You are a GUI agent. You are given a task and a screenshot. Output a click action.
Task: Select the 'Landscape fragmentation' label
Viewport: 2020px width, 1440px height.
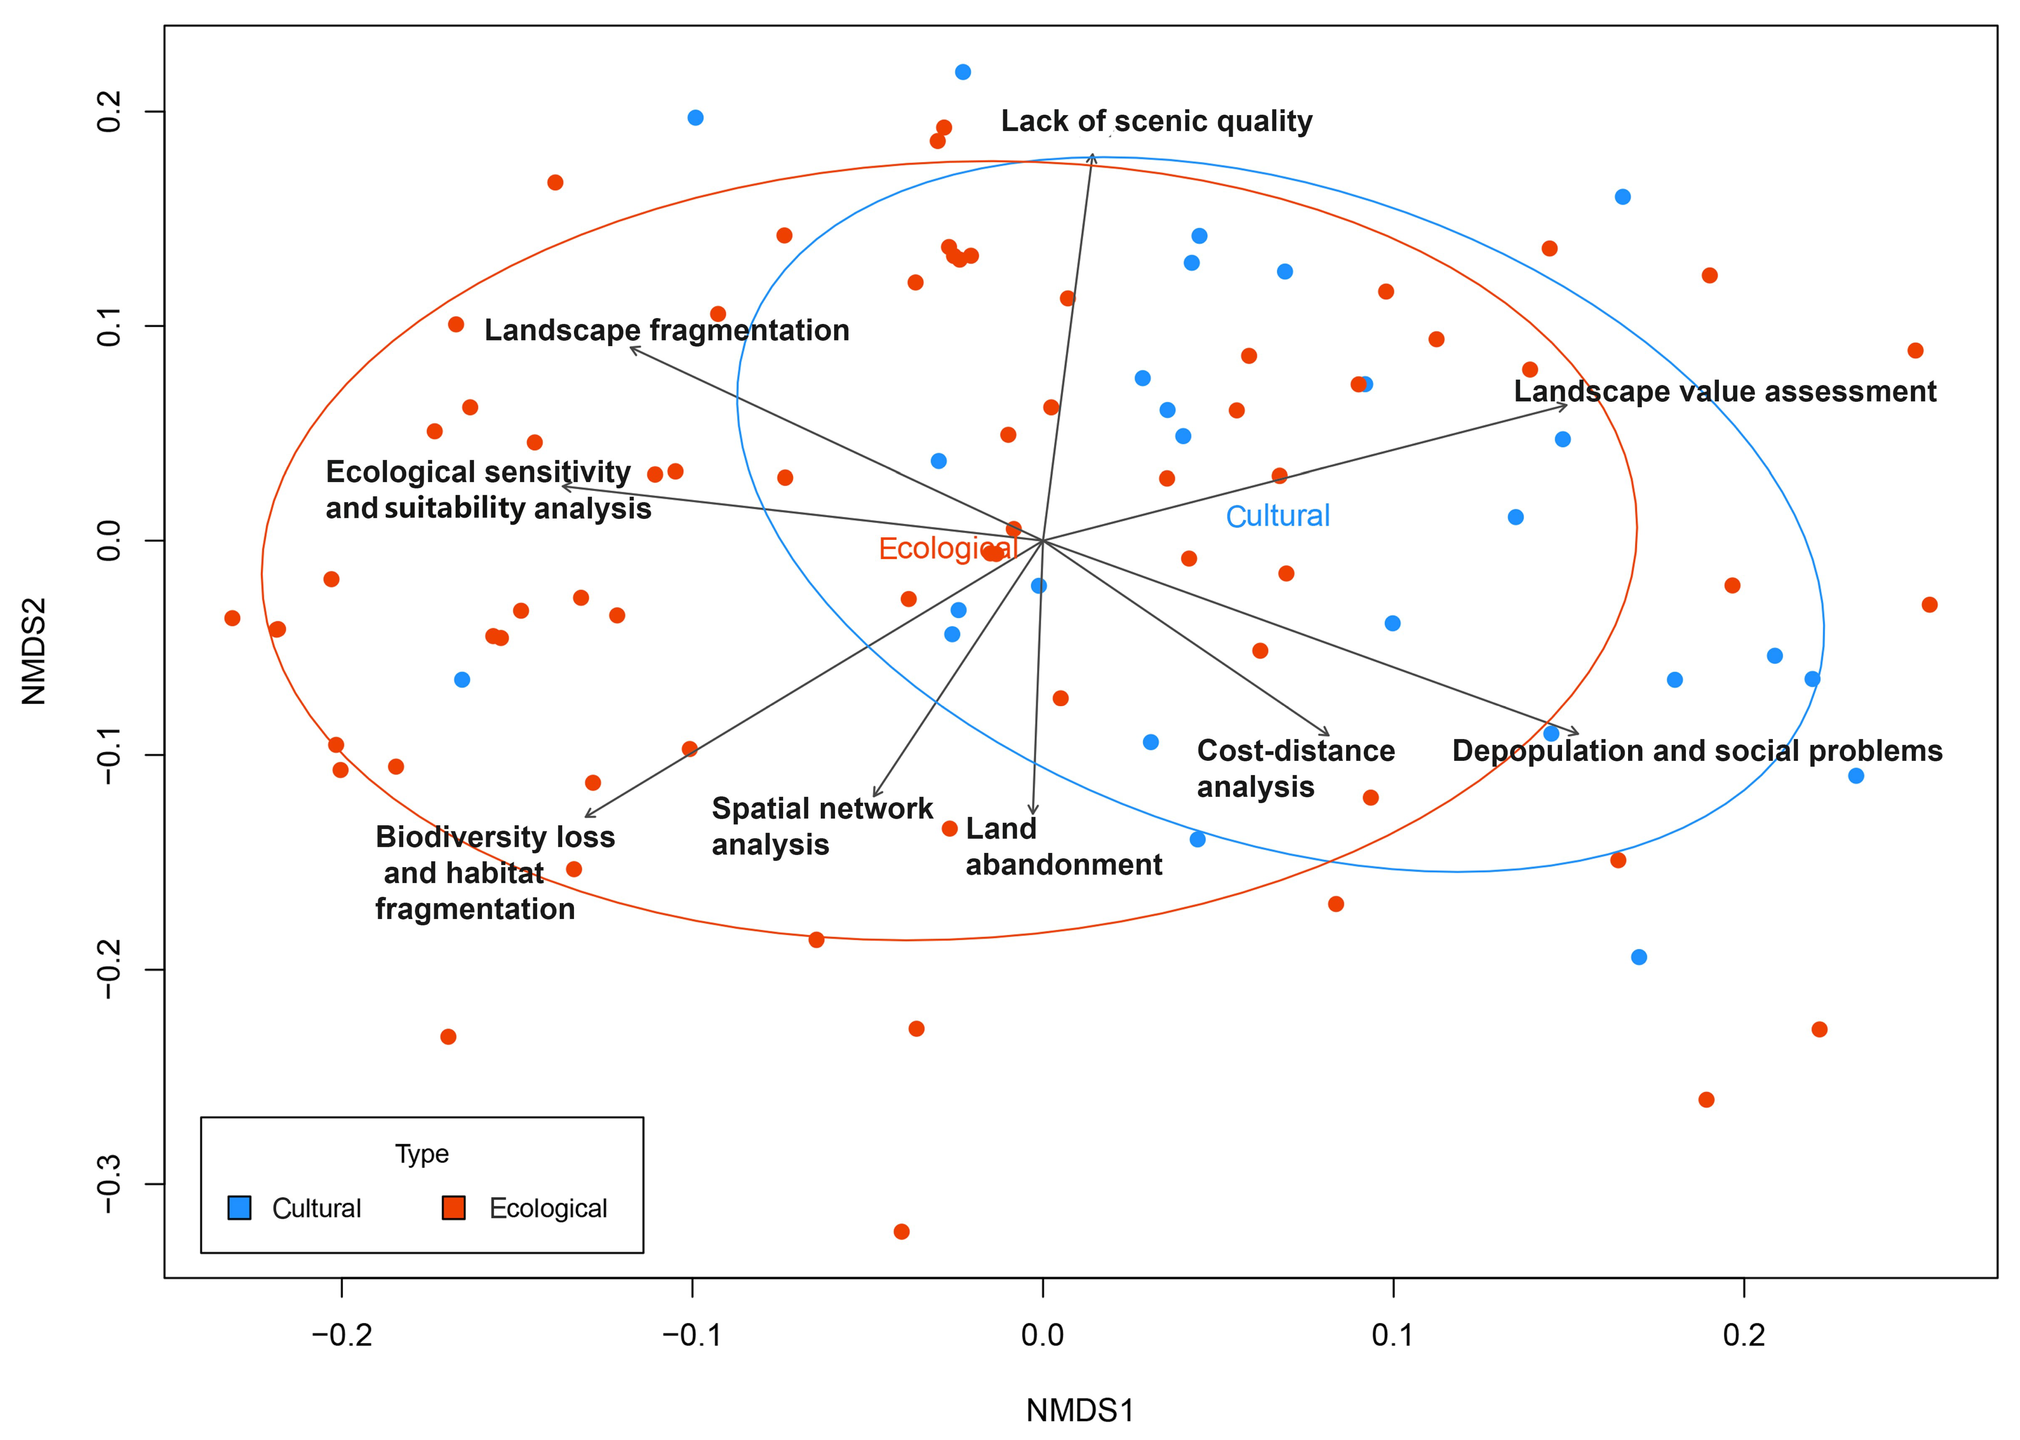click(667, 331)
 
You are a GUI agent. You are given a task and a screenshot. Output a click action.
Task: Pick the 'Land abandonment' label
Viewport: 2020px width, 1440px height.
click(1063, 847)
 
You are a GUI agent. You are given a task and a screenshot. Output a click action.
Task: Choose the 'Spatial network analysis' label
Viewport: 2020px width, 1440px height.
click(821, 826)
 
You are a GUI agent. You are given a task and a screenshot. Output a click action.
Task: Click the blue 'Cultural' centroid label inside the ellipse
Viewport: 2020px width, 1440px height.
click(1277, 516)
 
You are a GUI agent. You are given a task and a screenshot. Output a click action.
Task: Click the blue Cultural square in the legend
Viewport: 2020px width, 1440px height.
click(239, 1208)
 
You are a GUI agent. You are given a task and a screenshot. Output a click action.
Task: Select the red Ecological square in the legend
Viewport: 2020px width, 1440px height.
click(454, 1208)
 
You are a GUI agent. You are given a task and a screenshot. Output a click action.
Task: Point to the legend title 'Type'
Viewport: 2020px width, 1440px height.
click(422, 1154)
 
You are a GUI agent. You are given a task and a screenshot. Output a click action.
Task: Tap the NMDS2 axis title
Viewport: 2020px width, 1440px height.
click(34, 652)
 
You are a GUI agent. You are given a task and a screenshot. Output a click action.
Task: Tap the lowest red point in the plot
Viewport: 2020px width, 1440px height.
click(901, 1231)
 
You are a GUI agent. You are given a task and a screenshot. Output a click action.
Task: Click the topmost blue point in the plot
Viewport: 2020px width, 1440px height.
click(962, 72)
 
